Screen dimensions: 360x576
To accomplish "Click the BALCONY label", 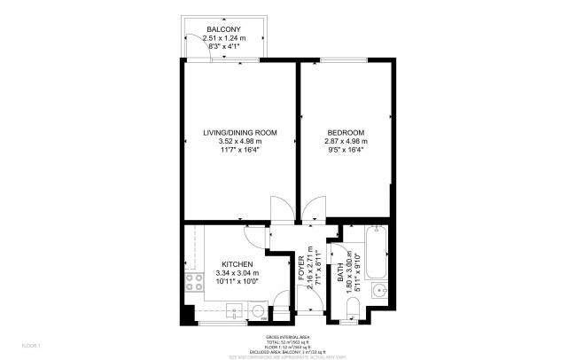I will point(222,28).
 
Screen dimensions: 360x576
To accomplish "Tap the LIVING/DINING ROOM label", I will point(240,132).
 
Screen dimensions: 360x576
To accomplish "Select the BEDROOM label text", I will point(346,132).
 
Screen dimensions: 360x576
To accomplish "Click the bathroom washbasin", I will point(378,288).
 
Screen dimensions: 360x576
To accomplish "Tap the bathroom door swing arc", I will point(335,232).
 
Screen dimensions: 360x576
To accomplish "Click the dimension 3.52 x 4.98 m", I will point(240,141).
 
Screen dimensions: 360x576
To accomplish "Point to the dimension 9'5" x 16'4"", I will point(346,150).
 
